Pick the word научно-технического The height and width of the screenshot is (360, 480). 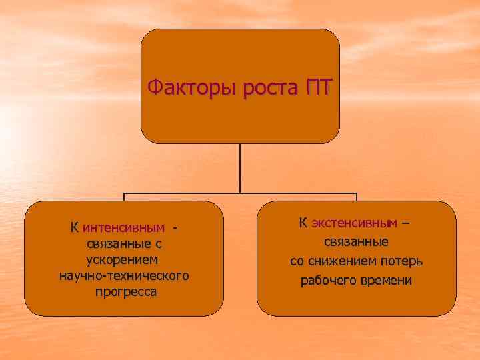click(x=123, y=275)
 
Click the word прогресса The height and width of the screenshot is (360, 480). click(x=123, y=292)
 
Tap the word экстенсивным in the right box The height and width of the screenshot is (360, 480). click(x=354, y=222)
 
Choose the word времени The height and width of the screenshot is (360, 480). click(x=387, y=280)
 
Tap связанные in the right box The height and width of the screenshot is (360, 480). click(x=357, y=241)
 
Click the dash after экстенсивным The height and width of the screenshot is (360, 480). click(x=405, y=222)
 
